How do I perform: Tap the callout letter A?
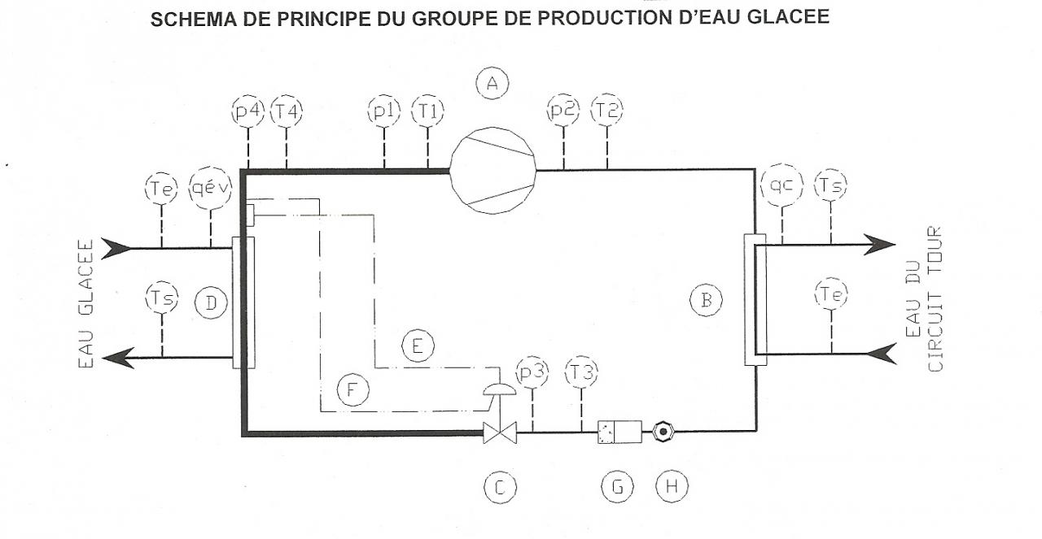coord(492,83)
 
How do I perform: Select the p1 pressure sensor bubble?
coord(383,111)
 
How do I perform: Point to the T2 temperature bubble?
coord(606,111)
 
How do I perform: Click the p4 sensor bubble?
coord(247,111)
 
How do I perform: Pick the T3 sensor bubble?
coord(581,372)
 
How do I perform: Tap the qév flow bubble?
coord(210,189)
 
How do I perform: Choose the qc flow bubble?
coord(782,186)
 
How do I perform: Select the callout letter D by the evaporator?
coord(211,303)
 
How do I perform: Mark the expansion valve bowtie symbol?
coord(500,433)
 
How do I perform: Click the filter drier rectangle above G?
coord(619,432)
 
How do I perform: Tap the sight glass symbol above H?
coord(663,432)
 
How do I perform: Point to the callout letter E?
coord(418,346)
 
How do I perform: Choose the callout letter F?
coord(352,390)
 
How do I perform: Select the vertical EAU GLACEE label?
coord(87,302)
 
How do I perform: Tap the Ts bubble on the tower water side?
coord(830,186)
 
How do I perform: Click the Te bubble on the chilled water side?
coord(161,189)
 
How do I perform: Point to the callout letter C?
coord(500,487)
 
